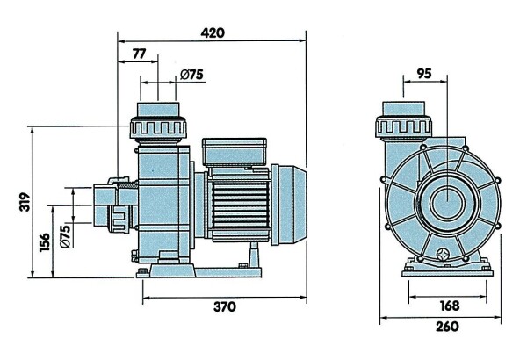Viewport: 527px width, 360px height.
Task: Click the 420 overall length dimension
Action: coord(213,33)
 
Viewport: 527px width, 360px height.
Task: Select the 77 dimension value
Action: coord(139,54)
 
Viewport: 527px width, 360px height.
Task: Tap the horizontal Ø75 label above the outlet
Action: coord(191,75)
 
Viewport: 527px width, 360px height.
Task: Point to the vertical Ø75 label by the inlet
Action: coord(66,236)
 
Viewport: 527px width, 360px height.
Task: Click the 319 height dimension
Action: coord(25,202)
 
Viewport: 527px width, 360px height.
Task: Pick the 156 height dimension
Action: coord(45,242)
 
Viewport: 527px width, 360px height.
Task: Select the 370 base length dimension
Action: coord(225,306)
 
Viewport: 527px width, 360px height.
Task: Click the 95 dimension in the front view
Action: coord(424,73)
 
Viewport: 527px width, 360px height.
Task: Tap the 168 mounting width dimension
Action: coord(450,306)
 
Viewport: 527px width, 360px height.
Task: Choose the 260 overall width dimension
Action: coord(447,327)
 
